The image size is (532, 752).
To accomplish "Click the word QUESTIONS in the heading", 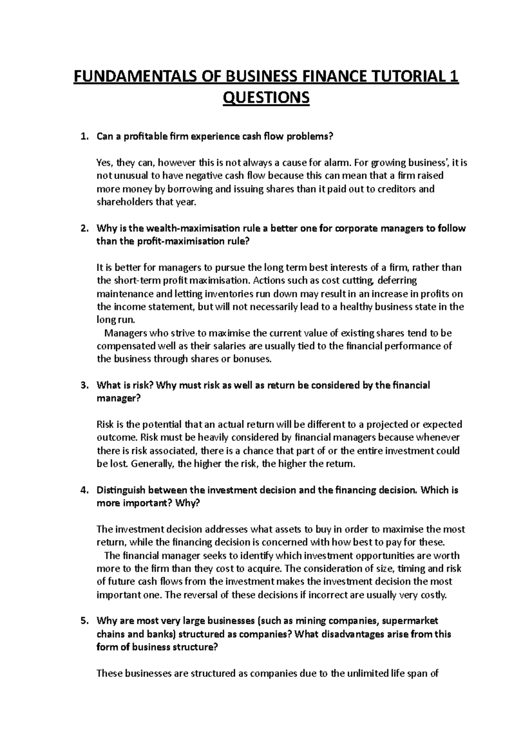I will (266, 97).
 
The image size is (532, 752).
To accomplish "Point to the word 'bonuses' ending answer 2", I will (251, 359).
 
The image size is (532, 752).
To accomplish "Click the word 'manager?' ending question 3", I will (118, 398).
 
